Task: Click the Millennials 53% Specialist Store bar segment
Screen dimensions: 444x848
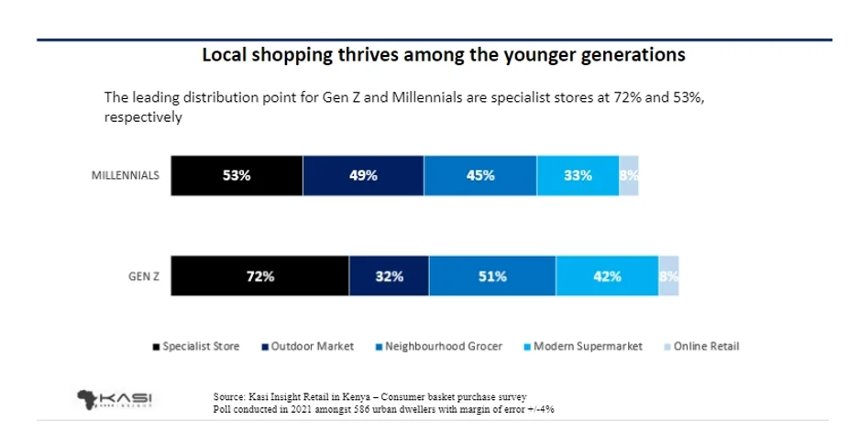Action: [x=237, y=176]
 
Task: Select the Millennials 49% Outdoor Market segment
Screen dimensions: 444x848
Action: [x=363, y=176]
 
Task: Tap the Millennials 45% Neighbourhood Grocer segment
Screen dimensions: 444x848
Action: [x=480, y=176]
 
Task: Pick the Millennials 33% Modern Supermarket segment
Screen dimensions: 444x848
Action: [x=578, y=176]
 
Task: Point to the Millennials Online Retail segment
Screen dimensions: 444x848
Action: [x=629, y=176]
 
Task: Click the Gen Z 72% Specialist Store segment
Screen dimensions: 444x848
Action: [x=260, y=276]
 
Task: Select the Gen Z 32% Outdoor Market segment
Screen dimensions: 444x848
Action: [x=389, y=276]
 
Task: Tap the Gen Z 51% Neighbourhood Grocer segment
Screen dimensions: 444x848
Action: [x=492, y=276]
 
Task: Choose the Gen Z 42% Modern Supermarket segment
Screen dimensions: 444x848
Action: [x=607, y=276]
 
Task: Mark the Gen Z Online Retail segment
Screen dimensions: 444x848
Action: [x=668, y=276]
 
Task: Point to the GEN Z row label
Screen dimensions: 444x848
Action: [x=143, y=276]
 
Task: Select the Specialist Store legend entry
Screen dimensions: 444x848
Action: [x=196, y=347]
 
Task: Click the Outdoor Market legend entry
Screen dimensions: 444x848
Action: [x=308, y=347]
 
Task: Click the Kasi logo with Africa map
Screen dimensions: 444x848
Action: [x=115, y=399]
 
